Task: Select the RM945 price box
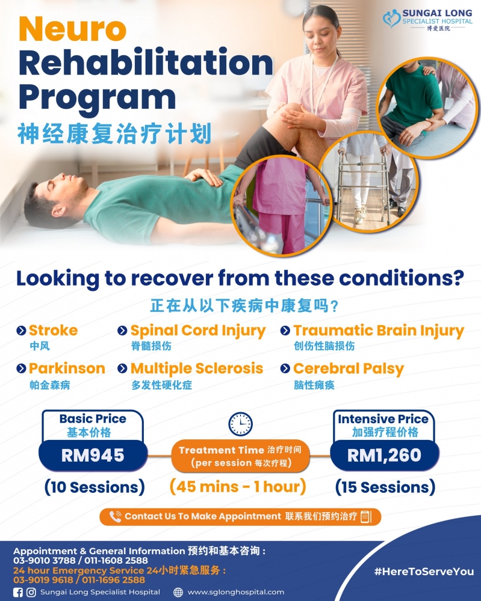coord(93,455)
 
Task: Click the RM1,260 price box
coord(384,455)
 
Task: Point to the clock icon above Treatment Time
coord(240,424)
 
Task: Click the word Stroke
coord(53,331)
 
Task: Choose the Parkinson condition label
coord(66,368)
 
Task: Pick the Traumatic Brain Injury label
coord(378,331)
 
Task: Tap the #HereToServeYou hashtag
coord(423,572)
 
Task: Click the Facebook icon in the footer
coord(17,592)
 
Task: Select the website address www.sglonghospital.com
coord(235,592)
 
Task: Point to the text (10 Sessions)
coord(95,487)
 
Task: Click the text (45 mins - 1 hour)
coord(238,486)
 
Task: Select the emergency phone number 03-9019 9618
coord(37,580)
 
